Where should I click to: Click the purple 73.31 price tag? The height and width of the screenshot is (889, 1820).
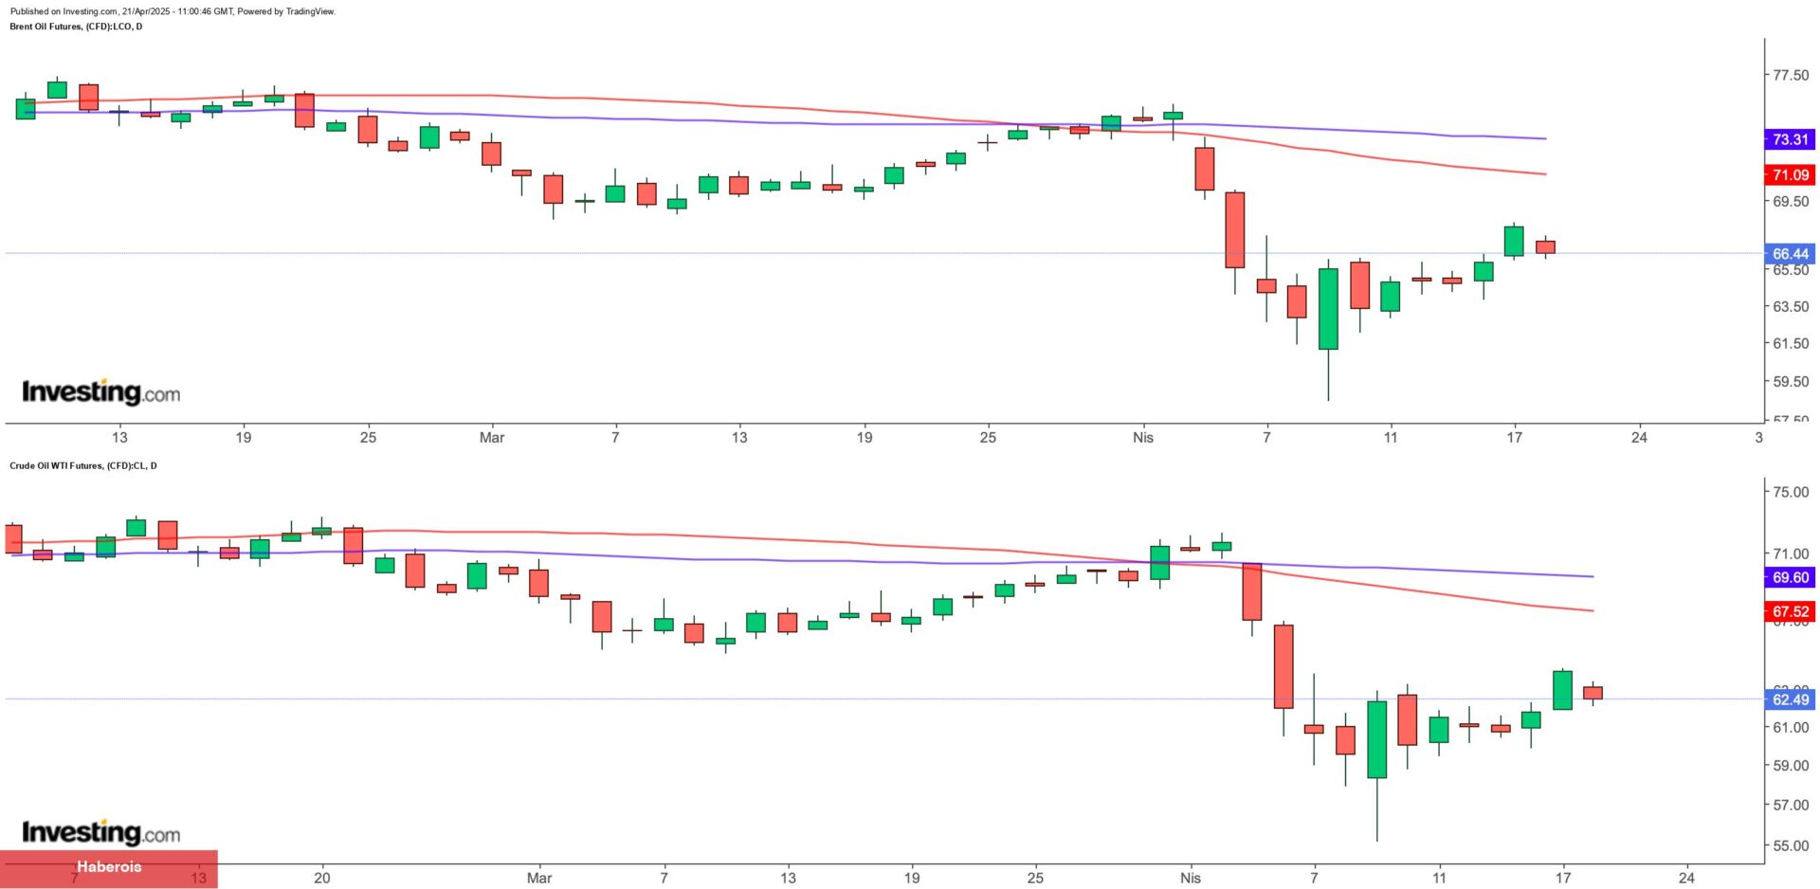coord(1790,139)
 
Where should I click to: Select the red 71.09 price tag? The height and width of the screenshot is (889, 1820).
coord(1790,174)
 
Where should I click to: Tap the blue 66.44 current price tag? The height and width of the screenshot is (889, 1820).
coord(1790,253)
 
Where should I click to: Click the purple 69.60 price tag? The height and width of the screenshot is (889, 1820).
coord(1790,577)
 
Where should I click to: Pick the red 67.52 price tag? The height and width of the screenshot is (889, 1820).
coord(1790,611)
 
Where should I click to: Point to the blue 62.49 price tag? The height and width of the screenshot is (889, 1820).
coord(1790,699)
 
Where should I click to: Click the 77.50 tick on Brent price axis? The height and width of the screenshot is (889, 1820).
coord(1790,75)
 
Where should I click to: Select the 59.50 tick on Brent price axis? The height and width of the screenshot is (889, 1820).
coord(1790,381)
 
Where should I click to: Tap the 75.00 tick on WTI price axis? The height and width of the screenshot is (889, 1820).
coord(1790,492)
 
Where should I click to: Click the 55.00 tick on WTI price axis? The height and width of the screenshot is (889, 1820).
coord(1790,845)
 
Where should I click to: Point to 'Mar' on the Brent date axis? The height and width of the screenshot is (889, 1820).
coord(492,437)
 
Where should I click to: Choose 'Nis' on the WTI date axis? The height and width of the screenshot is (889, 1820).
coord(1191,878)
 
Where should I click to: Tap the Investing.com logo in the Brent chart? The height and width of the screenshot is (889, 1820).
coord(100,391)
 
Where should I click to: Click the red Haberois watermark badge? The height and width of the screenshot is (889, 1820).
coord(108,867)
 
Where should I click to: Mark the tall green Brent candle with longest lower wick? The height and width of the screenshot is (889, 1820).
coord(1328,309)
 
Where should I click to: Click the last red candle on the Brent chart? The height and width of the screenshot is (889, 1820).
coord(1545,246)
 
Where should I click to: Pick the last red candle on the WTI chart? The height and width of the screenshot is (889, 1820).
coord(1592,693)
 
